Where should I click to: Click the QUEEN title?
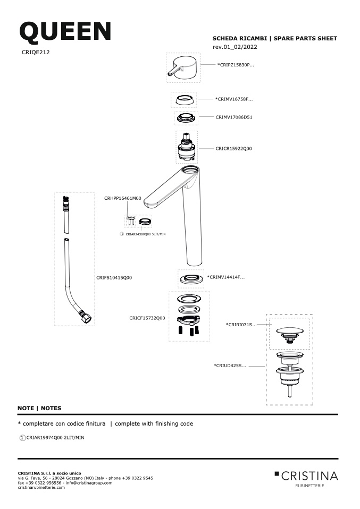tap(65, 31)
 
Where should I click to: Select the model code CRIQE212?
tap(36, 52)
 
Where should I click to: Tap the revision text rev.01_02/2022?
tap(235, 47)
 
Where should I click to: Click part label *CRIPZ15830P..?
tap(236, 65)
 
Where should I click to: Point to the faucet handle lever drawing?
tap(183, 68)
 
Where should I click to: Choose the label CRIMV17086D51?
tap(234, 117)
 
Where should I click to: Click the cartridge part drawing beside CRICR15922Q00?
tap(187, 148)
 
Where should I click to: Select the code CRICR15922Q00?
tap(233, 149)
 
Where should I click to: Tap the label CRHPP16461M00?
tap(123, 198)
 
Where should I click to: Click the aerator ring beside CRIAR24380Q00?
tap(145, 222)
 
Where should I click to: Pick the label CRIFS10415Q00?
tap(114, 277)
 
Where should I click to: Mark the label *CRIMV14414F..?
tap(226, 277)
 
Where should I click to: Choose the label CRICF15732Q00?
tap(147, 318)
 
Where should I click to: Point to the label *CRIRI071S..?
tap(241, 325)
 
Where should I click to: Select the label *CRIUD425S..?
tap(230, 366)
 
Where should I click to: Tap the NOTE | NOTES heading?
tap(39, 408)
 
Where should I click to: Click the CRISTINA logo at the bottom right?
tap(306, 479)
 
